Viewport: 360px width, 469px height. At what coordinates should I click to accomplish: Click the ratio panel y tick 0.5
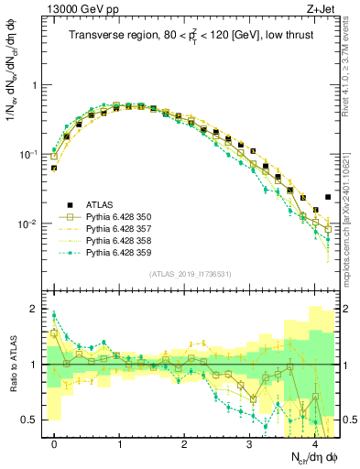point(30,420)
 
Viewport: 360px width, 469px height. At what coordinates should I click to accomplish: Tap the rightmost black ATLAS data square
point(329,197)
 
